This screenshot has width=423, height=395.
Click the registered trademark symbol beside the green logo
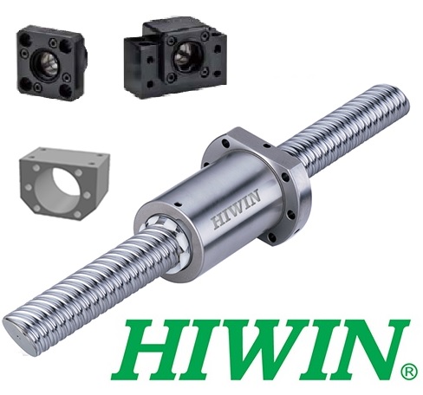[x=409, y=372]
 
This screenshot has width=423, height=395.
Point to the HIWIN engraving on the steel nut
[x=236, y=210]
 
